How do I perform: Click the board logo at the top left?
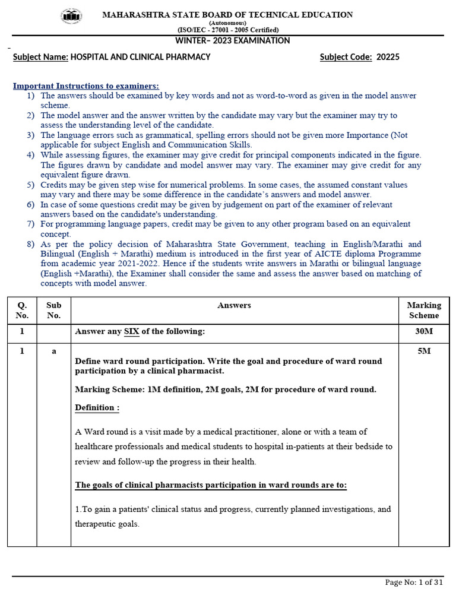click(72, 17)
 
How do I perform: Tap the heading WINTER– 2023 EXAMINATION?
click(232, 41)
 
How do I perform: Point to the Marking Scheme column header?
click(424, 310)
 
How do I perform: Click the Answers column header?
click(234, 305)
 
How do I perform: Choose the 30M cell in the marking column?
click(424, 331)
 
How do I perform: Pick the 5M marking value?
click(424, 351)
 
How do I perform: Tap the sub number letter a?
click(53, 351)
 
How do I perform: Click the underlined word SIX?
click(131, 331)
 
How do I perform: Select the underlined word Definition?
click(97, 407)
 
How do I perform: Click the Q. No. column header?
click(22, 310)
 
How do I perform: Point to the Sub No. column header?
click(53, 310)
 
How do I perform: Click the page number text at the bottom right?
click(414, 582)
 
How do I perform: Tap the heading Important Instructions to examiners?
click(86, 86)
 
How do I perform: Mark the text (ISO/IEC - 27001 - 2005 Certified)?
click(228, 30)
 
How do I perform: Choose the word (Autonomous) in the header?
click(228, 23)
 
